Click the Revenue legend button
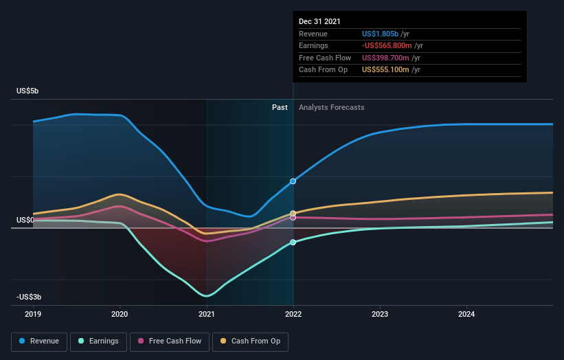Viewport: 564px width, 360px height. pos(40,341)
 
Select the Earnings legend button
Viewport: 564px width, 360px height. pos(98,341)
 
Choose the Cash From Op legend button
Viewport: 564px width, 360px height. pos(251,341)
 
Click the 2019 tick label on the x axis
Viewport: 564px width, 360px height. pos(33,314)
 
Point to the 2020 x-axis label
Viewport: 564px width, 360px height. pos(120,314)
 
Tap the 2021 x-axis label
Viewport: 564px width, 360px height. pos(206,314)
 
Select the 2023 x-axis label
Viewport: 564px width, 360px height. pos(380,314)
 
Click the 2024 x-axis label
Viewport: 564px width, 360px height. pos(466,314)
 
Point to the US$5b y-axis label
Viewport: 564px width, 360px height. pos(29,91)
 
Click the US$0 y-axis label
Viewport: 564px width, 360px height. pos(25,220)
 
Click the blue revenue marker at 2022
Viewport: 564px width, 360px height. pos(293,181)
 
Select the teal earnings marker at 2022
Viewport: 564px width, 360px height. pos(293,243)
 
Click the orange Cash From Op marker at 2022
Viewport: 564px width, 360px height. pos(293,214)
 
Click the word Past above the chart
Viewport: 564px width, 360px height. pos(280,107)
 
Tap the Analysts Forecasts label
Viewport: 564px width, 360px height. pos(331,107)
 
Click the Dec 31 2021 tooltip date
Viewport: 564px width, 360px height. pos(319,22)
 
